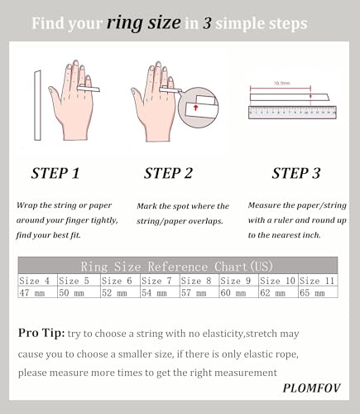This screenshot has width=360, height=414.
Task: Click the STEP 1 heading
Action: point(55,173)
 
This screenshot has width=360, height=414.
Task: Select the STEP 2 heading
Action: point(168,173)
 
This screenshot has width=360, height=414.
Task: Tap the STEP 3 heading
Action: point(296,173)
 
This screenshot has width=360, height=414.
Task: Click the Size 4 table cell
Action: point(37,281)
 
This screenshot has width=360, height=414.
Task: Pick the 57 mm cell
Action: point(199,292)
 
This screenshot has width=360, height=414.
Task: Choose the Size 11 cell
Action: point(318,281)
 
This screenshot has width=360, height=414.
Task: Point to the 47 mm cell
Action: point(37,292)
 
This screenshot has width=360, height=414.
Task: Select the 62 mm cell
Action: point(278,292)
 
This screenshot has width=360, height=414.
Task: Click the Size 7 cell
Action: point(160,281)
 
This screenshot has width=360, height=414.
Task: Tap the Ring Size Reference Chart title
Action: point(177,267)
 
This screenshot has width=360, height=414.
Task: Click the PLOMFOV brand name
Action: point(311,388)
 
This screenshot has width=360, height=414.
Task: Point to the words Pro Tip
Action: point(41,333)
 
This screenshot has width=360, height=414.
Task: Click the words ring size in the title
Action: point(144,23)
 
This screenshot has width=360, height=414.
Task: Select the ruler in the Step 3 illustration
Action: point(292,113)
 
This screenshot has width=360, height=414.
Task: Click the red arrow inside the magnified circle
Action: point(195,108)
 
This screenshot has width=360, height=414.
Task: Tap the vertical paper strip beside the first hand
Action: point(37,105)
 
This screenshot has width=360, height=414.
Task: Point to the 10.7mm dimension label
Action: point(281,83)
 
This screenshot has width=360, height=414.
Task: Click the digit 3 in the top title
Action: point(207,23)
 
